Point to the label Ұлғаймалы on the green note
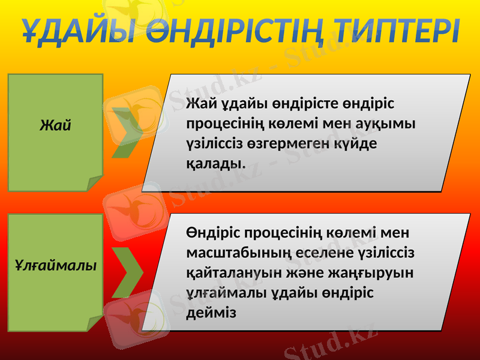(x=56, y=265)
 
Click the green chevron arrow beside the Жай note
(x=128, y=133)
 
